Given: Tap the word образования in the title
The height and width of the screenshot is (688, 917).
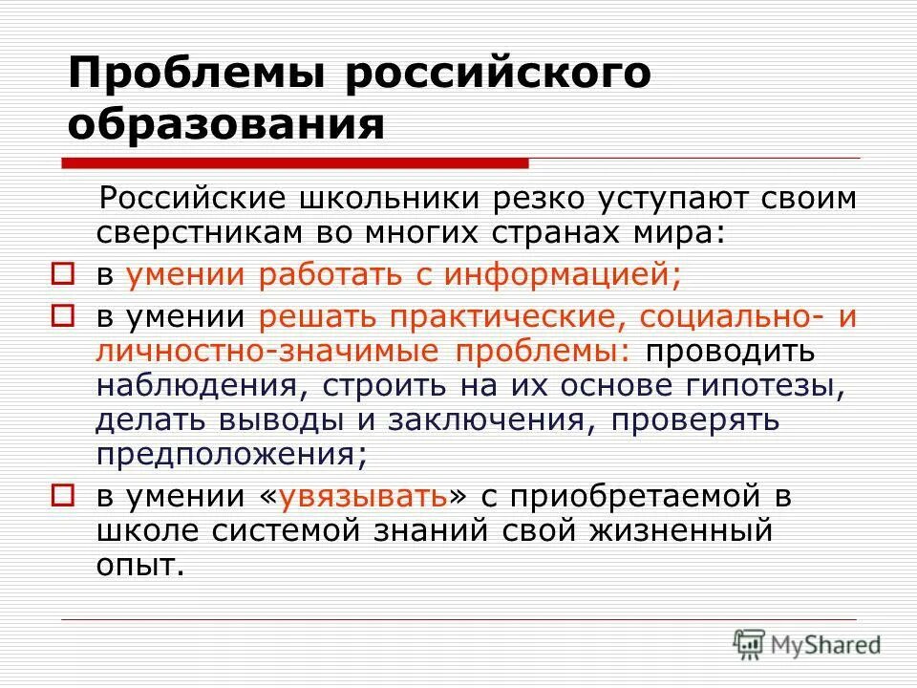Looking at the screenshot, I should (227, 125).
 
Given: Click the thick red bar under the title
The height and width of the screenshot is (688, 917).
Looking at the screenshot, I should (296, 162).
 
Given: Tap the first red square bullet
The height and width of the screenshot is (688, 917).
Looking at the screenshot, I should (62, 275).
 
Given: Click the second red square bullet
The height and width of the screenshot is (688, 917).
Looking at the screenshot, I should (62, 315).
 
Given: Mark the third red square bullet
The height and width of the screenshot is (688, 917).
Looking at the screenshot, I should (62, 496).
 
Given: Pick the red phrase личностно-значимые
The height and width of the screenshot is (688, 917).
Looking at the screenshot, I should (258, 351).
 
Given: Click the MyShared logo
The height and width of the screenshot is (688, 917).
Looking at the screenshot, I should (807, 645).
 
